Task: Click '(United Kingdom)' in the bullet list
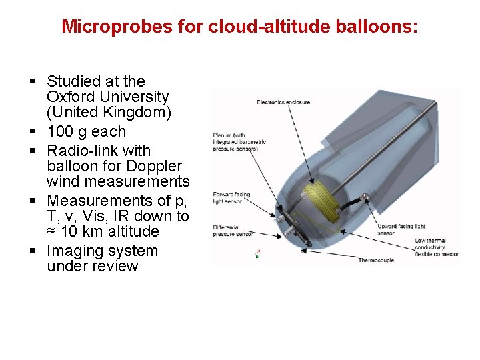coord(109,112)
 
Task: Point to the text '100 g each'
coord(86,131)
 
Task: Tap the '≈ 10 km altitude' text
coord(103,231)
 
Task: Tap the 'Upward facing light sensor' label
coord(401,230)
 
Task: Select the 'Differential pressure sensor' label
coord(232,231)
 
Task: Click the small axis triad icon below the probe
coord(257,253)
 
